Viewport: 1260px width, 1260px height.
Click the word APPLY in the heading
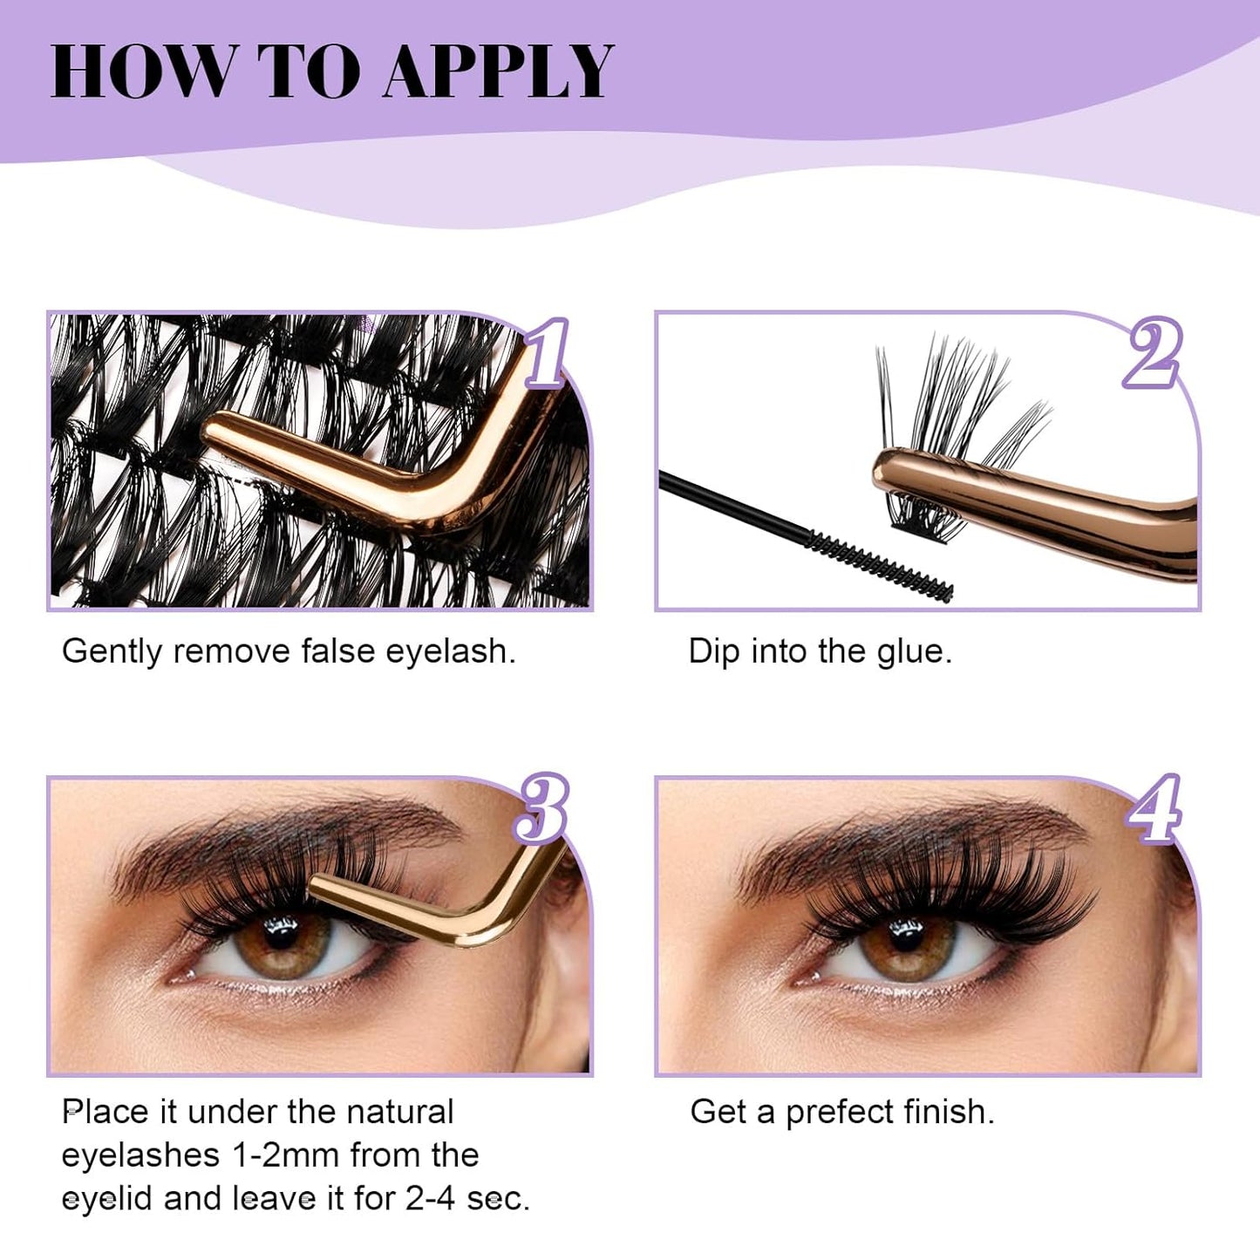coord(498,71)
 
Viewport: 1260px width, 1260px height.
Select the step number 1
coord(547,354)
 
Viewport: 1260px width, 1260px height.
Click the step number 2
coord(1153,353)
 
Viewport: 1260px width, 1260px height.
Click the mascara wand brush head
coord(881,564)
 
